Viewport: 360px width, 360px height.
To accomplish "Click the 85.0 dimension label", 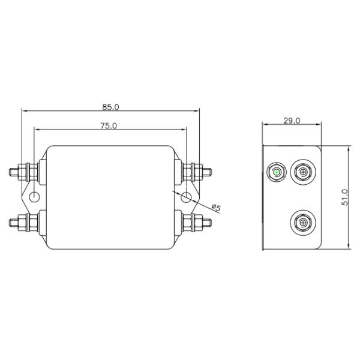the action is coord(110,107).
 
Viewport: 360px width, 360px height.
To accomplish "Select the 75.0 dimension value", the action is coord(109,126).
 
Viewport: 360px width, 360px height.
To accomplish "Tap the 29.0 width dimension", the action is coord(292,121).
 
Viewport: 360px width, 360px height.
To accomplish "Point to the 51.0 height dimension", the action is coord(345,197).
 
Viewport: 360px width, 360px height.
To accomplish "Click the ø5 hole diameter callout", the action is coord(216,208).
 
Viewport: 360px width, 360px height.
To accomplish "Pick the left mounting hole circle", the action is coord(34,197).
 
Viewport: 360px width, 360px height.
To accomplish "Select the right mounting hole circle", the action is coord(186,197).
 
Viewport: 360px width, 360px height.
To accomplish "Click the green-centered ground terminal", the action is coord(277,172).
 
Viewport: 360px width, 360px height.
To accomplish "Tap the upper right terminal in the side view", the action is coord(303,172).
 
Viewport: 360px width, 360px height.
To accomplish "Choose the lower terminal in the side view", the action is coord(303,223).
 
